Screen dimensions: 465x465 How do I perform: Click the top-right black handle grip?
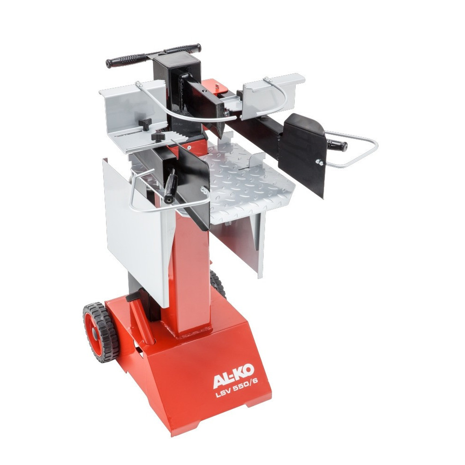pos(183,49)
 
